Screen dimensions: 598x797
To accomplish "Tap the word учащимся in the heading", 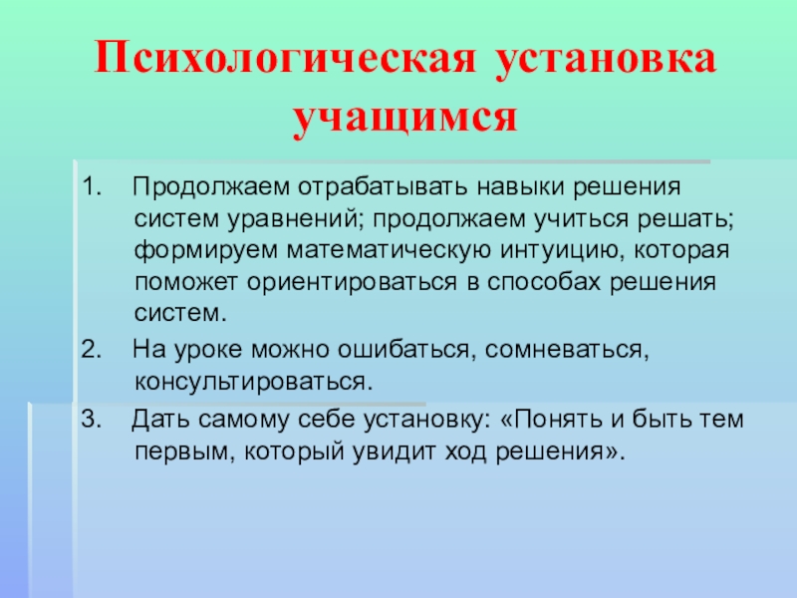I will [x=406, y=118].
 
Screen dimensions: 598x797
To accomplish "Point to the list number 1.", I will [x=88, y=186].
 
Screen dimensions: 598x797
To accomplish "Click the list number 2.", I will [x=88, y=350].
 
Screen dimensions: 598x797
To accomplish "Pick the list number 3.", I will [x=88, y=420].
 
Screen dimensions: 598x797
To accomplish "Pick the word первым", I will [x=180, y=451].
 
